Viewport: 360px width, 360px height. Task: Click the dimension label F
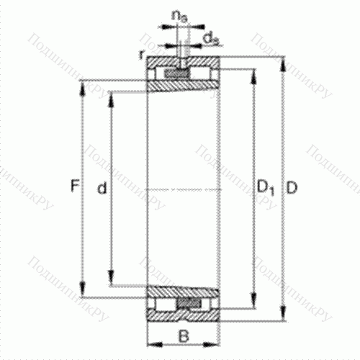tap(74, 188)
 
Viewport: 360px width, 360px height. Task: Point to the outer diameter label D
tap(292, 189)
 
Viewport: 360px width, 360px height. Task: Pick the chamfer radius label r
tap(143, 53)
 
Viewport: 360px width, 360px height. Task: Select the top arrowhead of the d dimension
tap(111, 96)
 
